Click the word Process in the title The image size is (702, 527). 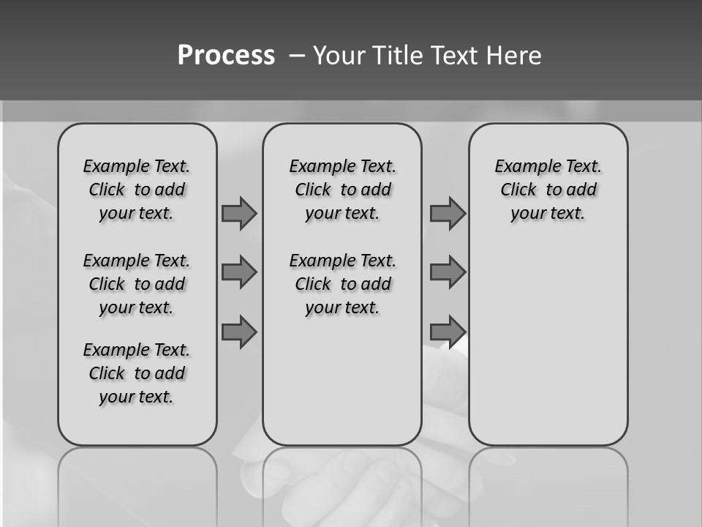click(x=226, y=56)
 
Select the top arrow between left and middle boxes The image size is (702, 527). click(x=239, y=214)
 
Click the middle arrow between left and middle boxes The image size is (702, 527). click(x=239, y=272)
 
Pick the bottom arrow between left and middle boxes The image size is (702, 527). click(x=239, y=332)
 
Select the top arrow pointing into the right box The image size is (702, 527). click(x=448, y=214)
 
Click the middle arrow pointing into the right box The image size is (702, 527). click(x=448, y=272)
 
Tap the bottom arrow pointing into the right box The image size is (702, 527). click(x=448, y=332)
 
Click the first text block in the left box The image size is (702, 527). click(x=137, y=190)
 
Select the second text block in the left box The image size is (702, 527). click(x=137, y=284)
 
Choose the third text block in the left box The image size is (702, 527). click(x=137, y=373)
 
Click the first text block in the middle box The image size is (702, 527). click(x=342, y=190)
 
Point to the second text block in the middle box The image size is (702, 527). click(x=342, y=284)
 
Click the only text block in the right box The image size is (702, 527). click(x=548, y=190)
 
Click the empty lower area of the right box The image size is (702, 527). click(x=548, y=351)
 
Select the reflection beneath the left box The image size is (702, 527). click(x=137, y=483)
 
